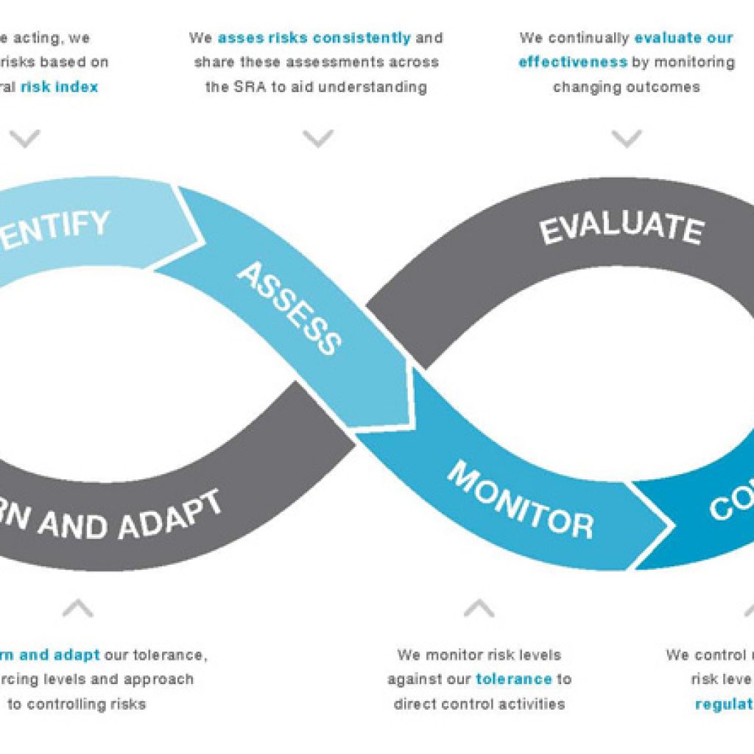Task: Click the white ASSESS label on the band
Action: [x=289, y=308]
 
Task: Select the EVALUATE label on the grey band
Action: [x=621, y=228]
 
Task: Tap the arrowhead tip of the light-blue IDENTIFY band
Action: [x=203, y=239]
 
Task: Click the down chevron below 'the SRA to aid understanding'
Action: [x=318, y=138]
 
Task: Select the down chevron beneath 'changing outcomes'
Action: [x=627, y=138]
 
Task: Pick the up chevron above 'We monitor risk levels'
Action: [x=479, y=608]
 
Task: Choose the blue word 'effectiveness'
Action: [x=573, y=62]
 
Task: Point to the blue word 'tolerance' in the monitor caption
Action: [x=513, y=679]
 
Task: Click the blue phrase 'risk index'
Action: [x=59, y=87]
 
